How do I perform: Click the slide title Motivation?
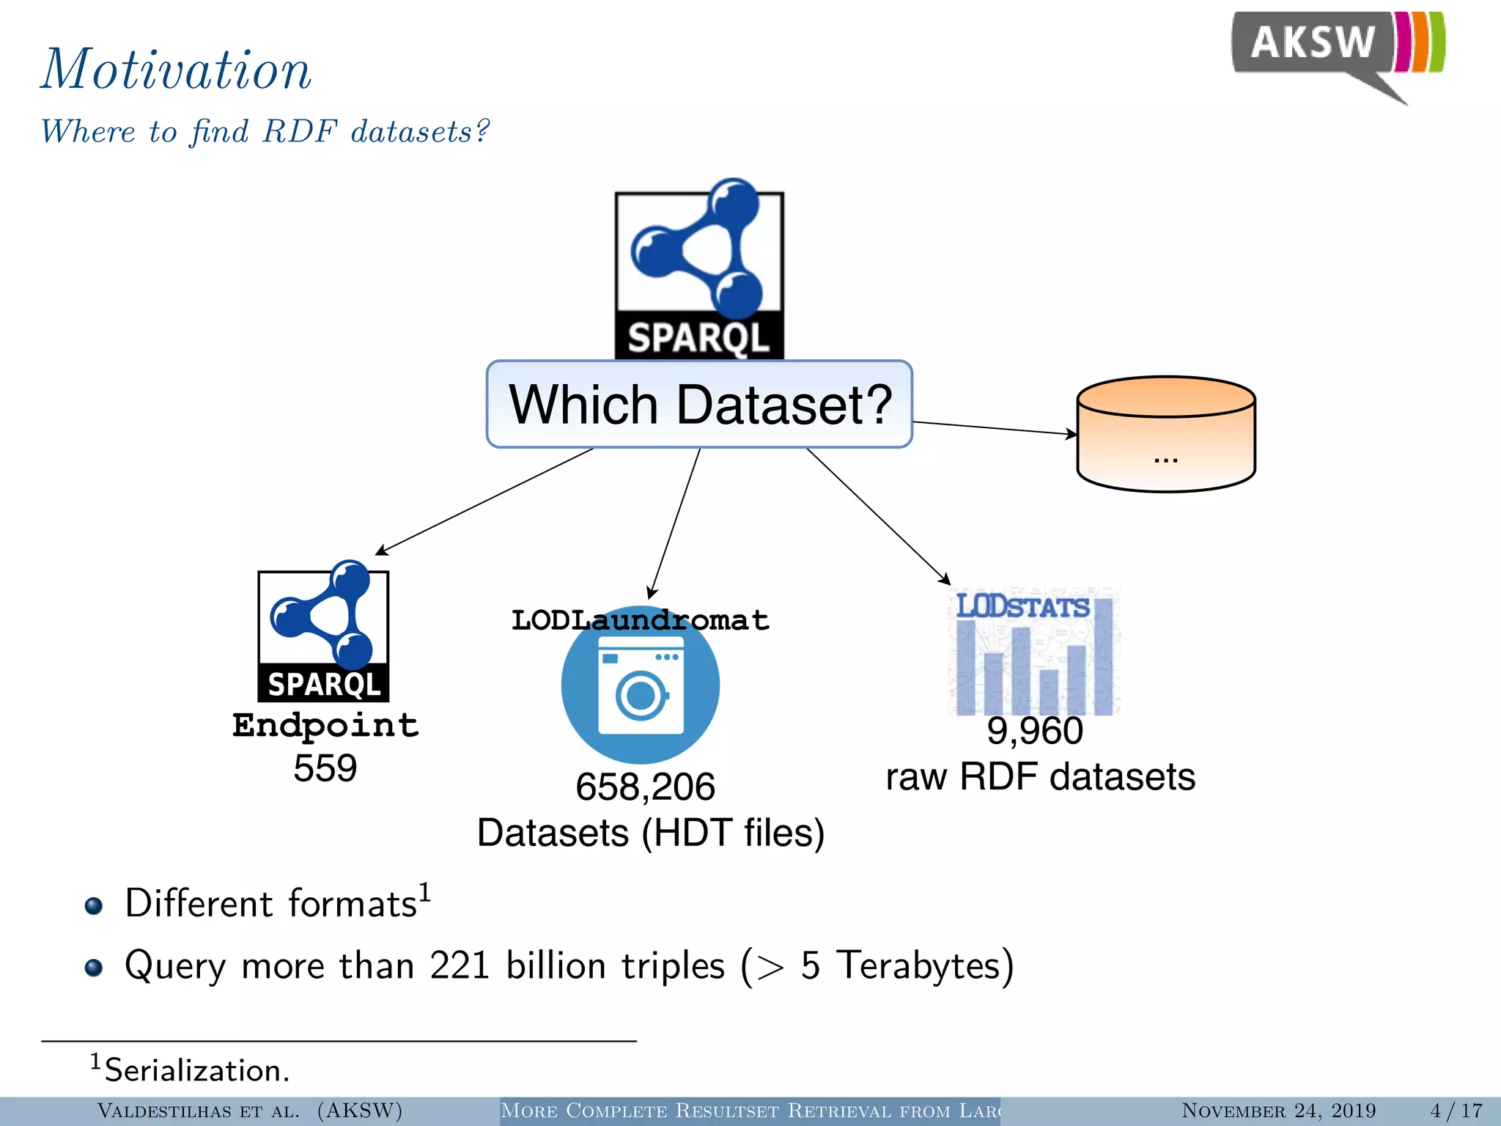tap(176, 70)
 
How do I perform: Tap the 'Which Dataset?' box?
tap(699, 404)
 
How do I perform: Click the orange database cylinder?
tap(1165, 434)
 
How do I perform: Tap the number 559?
tap(325, 768)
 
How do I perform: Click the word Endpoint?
tap(325, 725)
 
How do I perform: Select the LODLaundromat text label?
tap(640, 620)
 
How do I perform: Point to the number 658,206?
tap(645, 787)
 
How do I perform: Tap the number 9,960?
tap(1034, 731)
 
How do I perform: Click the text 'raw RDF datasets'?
tap(1040, 776)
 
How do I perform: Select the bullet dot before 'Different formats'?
tap(93, 906)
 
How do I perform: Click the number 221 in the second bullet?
tap(460, 965)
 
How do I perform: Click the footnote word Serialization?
tap(196, 1070)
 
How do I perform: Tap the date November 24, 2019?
tap(1278, 1111)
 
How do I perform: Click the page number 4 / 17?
tap(1456, 1111)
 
